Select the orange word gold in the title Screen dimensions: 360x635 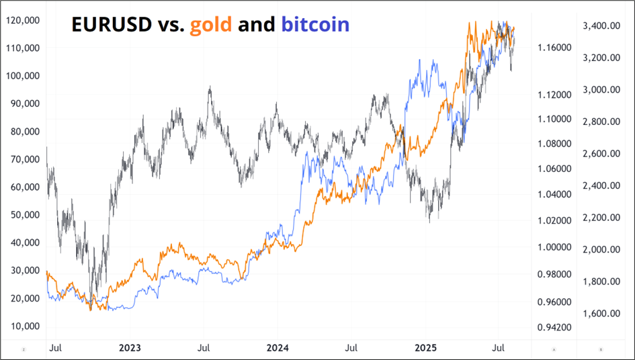coord(211,25)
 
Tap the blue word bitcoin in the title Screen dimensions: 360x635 coord(315,25)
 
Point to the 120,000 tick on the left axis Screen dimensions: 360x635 coord(21,20)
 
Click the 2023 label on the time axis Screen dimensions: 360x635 coord(130,348)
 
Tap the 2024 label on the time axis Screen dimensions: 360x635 coord(278,348)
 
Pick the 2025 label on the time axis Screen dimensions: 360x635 coord(425,348)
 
